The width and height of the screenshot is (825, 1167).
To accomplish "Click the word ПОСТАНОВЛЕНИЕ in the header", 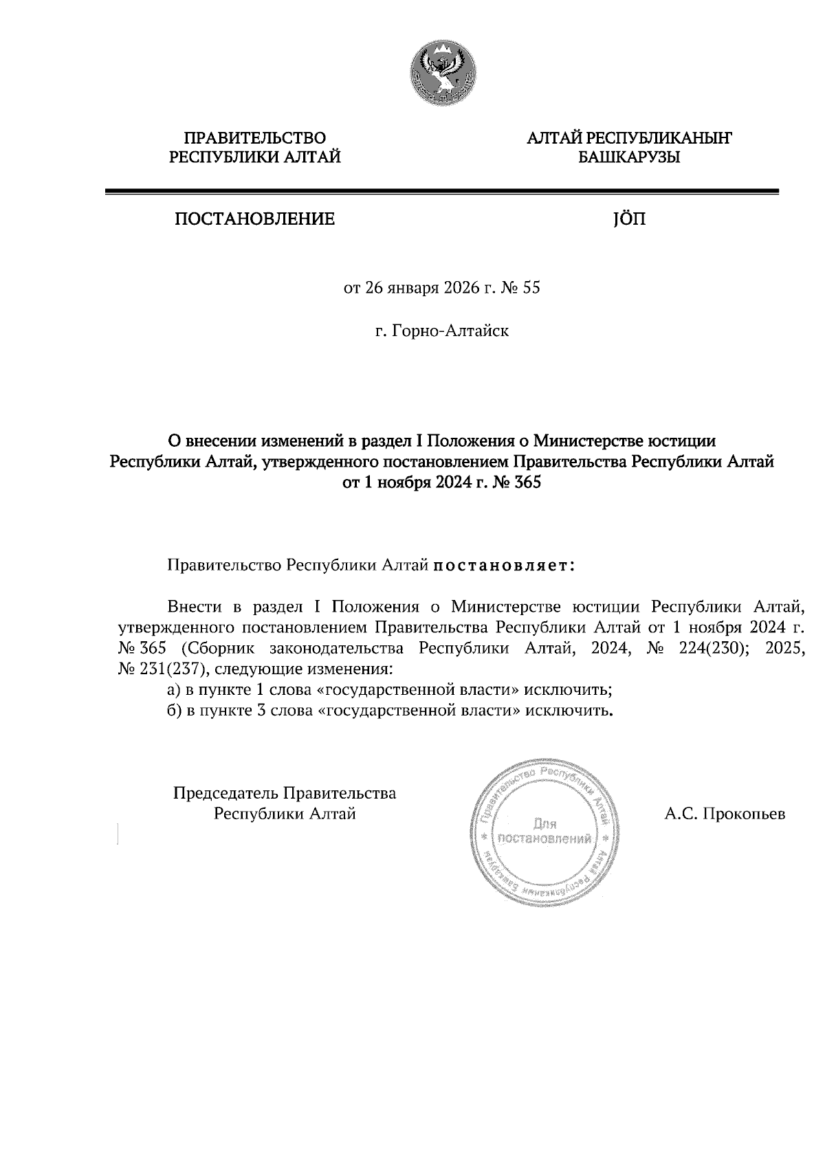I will coord(255,219).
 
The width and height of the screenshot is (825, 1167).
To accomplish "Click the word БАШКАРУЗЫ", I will coord(629,158).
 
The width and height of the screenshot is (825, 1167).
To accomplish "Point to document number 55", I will coord(531,287).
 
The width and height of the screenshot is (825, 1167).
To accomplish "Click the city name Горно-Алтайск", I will coord(450,331).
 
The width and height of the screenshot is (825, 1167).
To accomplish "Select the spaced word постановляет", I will coord(504,566).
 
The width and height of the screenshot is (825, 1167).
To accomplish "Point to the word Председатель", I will coord(226,793).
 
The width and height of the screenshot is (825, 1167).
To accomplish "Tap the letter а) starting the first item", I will coord(174,689).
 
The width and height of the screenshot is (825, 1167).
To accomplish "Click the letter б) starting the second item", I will coord(174,710).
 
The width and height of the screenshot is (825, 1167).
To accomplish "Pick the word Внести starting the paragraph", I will coord(195,607).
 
